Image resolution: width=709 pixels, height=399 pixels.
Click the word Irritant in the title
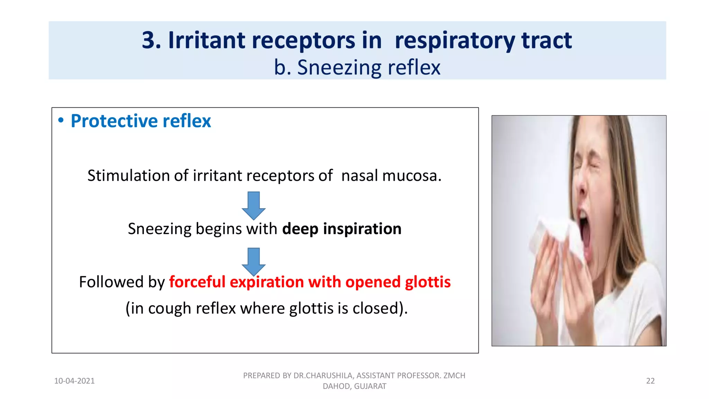click(207, 40)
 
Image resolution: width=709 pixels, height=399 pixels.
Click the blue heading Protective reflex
click(141, 121)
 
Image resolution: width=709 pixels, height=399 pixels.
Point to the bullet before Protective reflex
click(61, 120)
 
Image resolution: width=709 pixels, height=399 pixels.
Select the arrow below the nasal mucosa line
click(254, 205)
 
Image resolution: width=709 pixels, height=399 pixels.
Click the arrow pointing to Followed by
click(254, 261)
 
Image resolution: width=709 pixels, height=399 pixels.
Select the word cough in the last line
click(170, 308)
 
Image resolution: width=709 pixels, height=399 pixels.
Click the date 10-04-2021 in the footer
click(74, 381)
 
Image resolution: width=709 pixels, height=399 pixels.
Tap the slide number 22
click(650, 381)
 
